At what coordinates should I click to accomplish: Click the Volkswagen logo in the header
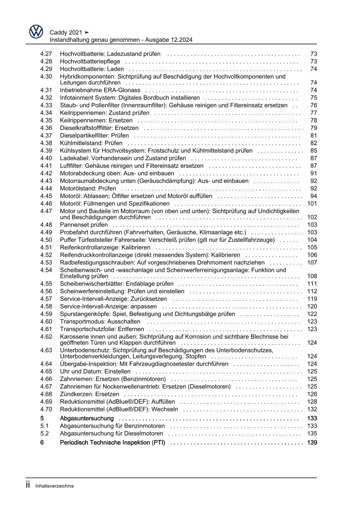(36, 32)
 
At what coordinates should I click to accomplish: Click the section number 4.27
(46, 54)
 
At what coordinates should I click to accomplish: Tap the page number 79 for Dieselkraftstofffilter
(314, 128)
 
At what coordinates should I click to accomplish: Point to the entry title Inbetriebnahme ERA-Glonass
(100, 90)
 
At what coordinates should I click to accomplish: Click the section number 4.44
(46, 188)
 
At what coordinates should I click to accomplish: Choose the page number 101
(312, 204)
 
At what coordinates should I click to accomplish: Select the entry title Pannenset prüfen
(84, 225)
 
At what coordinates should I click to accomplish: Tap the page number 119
(312, 299)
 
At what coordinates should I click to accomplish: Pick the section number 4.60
(46, 321)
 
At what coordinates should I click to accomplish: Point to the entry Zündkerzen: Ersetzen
(89, 394)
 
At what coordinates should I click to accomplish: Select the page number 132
(312, 409)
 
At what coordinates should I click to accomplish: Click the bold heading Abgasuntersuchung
(86, 418)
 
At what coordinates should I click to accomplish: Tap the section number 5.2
(44, 433)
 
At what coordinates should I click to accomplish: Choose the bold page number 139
(312, 442)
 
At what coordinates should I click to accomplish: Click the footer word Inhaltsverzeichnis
(54, 486)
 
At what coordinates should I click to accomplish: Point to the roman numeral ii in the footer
(28, 485)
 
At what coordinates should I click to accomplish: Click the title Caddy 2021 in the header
(66, 32)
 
